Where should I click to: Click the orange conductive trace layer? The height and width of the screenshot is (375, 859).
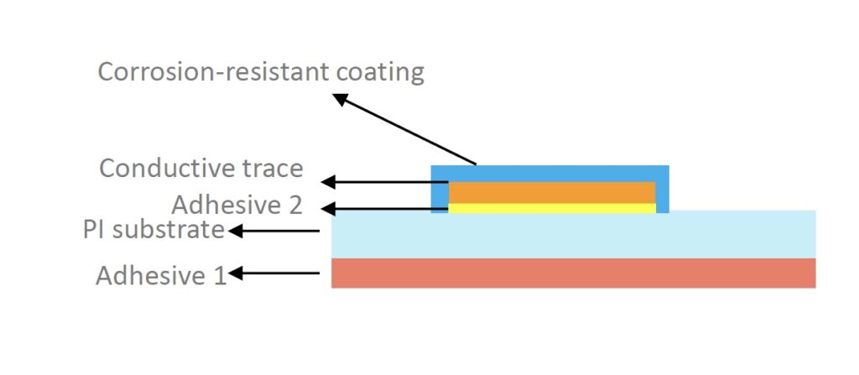coord(552,192)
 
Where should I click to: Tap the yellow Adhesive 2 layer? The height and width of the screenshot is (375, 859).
coord(552,208)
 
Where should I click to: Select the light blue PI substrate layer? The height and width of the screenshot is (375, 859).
coord(574,234)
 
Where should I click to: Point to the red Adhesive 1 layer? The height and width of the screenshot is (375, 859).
coord(574,273)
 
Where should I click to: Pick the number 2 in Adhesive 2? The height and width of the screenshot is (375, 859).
coord(294,206)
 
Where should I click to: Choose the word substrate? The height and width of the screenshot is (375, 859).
coord(168,230)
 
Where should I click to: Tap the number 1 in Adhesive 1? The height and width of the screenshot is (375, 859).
coord(220,275)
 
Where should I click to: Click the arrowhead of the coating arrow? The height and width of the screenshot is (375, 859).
coord(340,99)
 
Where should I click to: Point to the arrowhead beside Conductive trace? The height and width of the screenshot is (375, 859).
coord(327,182)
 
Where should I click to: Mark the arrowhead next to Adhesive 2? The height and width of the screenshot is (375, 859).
coord(327,209)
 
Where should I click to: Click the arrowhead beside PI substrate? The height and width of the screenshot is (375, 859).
coord(235,232)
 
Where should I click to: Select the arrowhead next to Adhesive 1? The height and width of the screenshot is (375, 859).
coord(236,273)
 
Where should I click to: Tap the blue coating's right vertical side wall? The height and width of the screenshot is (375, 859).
coord(663,189)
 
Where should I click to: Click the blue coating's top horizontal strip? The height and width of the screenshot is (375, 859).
coord(550,174)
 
